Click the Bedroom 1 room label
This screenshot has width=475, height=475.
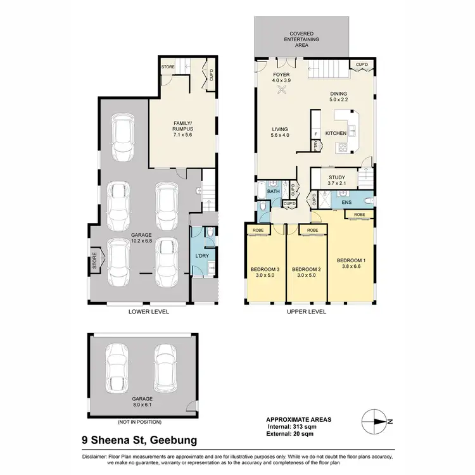(351, 264)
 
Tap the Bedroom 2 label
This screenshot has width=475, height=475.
(307, 272)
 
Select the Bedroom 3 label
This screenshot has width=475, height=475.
(264, 272)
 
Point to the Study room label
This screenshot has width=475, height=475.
(336, 180)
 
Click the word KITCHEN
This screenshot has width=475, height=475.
(335, 134)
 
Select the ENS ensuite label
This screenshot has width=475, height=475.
(346, 203)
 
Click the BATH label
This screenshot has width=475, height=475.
(273, 191)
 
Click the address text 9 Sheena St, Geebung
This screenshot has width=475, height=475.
(139, 439)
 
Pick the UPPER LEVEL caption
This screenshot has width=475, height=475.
(307, 312)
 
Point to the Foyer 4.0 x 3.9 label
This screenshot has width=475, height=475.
(281, 78)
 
